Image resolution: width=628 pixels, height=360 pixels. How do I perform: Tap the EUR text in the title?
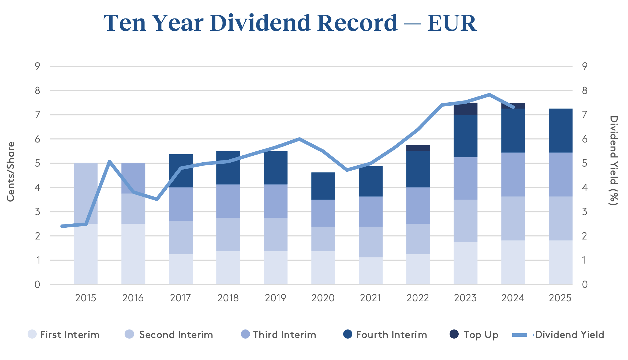tap(452, 23)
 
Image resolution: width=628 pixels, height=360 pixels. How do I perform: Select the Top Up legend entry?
tap(474, 335)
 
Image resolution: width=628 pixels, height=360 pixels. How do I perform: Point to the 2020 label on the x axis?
tap(323, 298)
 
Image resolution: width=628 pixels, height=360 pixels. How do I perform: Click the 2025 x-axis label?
tap(560, 298)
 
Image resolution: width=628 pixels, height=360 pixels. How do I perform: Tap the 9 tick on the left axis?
tap(38, 66)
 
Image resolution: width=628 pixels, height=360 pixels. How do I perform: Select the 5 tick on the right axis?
tap(585, 163)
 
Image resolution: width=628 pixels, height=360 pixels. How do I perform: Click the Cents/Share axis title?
tap(11, 171)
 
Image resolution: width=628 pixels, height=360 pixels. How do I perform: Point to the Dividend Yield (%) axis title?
tap(614, 161)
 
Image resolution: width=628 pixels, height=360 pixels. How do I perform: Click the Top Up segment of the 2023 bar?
tap(465, 109)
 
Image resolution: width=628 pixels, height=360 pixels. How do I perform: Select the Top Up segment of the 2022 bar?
tap(418, 148)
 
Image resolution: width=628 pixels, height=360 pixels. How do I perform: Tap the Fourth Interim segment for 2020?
tap(323, 186)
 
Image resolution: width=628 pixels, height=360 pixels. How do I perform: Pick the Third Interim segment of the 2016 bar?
tap(133, 178)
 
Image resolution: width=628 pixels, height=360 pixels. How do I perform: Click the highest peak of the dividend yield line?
tap(489, 95)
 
